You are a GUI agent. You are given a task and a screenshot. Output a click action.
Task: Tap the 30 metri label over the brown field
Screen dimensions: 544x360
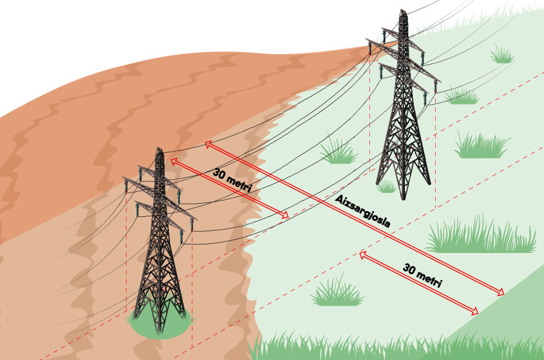click(x=232, y=180)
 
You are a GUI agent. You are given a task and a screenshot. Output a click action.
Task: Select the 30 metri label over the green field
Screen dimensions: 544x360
click(x=422, y=275)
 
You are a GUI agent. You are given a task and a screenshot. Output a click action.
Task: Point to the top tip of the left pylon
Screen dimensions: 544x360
click(x=159, y=148)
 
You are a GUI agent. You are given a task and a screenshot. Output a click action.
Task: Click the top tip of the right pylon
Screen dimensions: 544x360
click(x=403, y=10)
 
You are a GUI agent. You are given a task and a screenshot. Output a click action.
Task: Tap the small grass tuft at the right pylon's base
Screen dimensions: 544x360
click(x=386, y=187)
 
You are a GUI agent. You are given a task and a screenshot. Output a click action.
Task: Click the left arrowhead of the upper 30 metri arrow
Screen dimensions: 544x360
click(x=174, y=161)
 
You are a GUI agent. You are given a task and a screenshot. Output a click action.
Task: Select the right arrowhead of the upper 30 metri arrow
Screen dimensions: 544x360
click(x=285, y=215)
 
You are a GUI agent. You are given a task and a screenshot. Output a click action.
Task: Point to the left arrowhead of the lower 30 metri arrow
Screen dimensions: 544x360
click(x=362, y=255)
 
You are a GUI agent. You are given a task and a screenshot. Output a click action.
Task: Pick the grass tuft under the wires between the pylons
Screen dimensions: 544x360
click(x=338, y=152)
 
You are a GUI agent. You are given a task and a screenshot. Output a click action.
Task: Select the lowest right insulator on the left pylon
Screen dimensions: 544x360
click(x=181, y=236)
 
